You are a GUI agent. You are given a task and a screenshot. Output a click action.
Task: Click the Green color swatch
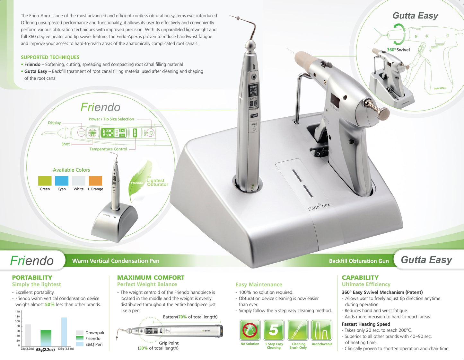point(45,181)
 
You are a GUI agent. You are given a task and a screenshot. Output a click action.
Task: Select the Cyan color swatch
point(62,181)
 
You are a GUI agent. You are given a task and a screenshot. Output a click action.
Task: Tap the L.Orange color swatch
point(95,181)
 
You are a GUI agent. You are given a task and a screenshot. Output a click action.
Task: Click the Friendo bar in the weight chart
point(46,338)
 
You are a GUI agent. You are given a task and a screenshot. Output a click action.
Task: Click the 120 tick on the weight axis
point(17,317)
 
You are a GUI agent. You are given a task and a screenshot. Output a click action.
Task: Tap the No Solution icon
point(250,330)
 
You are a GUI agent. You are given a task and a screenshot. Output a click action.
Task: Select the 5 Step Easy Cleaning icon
point(274,330)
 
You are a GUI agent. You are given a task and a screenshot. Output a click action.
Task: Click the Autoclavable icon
point(322,330)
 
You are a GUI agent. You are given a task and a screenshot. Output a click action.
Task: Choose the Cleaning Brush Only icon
point(298,330)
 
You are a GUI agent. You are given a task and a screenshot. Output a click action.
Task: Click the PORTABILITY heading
point(32,277)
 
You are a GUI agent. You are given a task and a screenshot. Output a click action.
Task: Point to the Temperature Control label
point(108,149)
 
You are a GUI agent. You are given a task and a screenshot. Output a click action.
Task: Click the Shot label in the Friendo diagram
point(66,144)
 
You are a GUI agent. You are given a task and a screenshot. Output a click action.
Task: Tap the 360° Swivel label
point(398,50)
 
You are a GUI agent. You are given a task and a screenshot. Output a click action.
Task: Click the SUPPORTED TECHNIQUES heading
point(50,57)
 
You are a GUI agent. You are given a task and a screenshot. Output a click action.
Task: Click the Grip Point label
point(169,343)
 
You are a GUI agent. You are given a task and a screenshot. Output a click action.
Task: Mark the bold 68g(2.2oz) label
point(45,349)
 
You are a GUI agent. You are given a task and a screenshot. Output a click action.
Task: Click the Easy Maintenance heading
point(259,284)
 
